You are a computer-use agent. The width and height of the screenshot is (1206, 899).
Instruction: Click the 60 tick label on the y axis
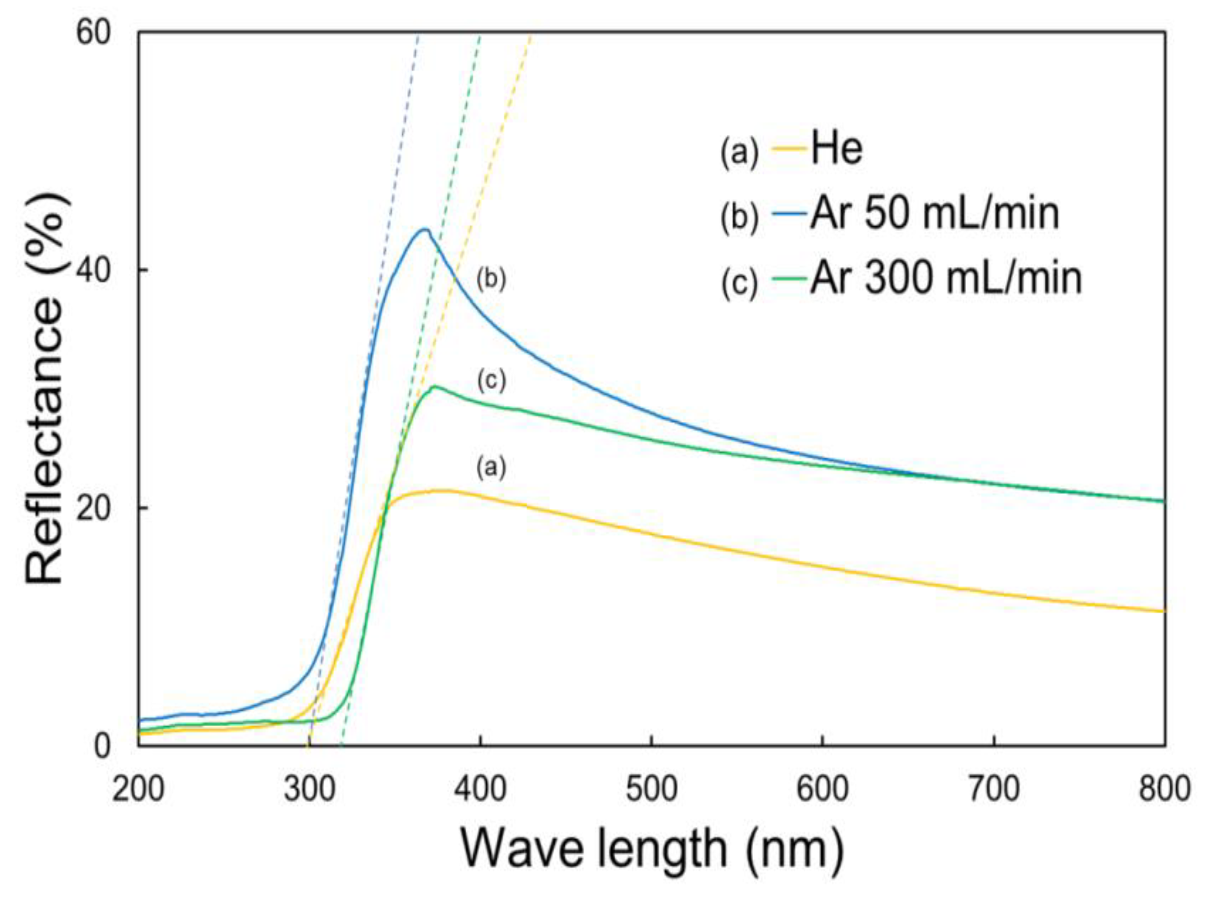click(x=93, y=34)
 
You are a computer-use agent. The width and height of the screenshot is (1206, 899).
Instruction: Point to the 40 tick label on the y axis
click(x=93, y=271)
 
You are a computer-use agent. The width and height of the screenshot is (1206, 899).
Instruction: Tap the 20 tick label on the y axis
click(x=93, y=508)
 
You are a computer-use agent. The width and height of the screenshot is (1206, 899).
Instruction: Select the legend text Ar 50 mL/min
click(x=935, y=214)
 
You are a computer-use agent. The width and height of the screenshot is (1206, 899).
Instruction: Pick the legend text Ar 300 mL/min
click(x=946, y=280)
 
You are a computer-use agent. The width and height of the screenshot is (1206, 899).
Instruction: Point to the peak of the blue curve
click(x=424, y=229)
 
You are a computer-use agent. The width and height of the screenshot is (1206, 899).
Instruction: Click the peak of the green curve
click(x=434, y=387)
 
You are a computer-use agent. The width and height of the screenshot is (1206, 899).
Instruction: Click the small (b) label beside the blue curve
click(x=491, y=280)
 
